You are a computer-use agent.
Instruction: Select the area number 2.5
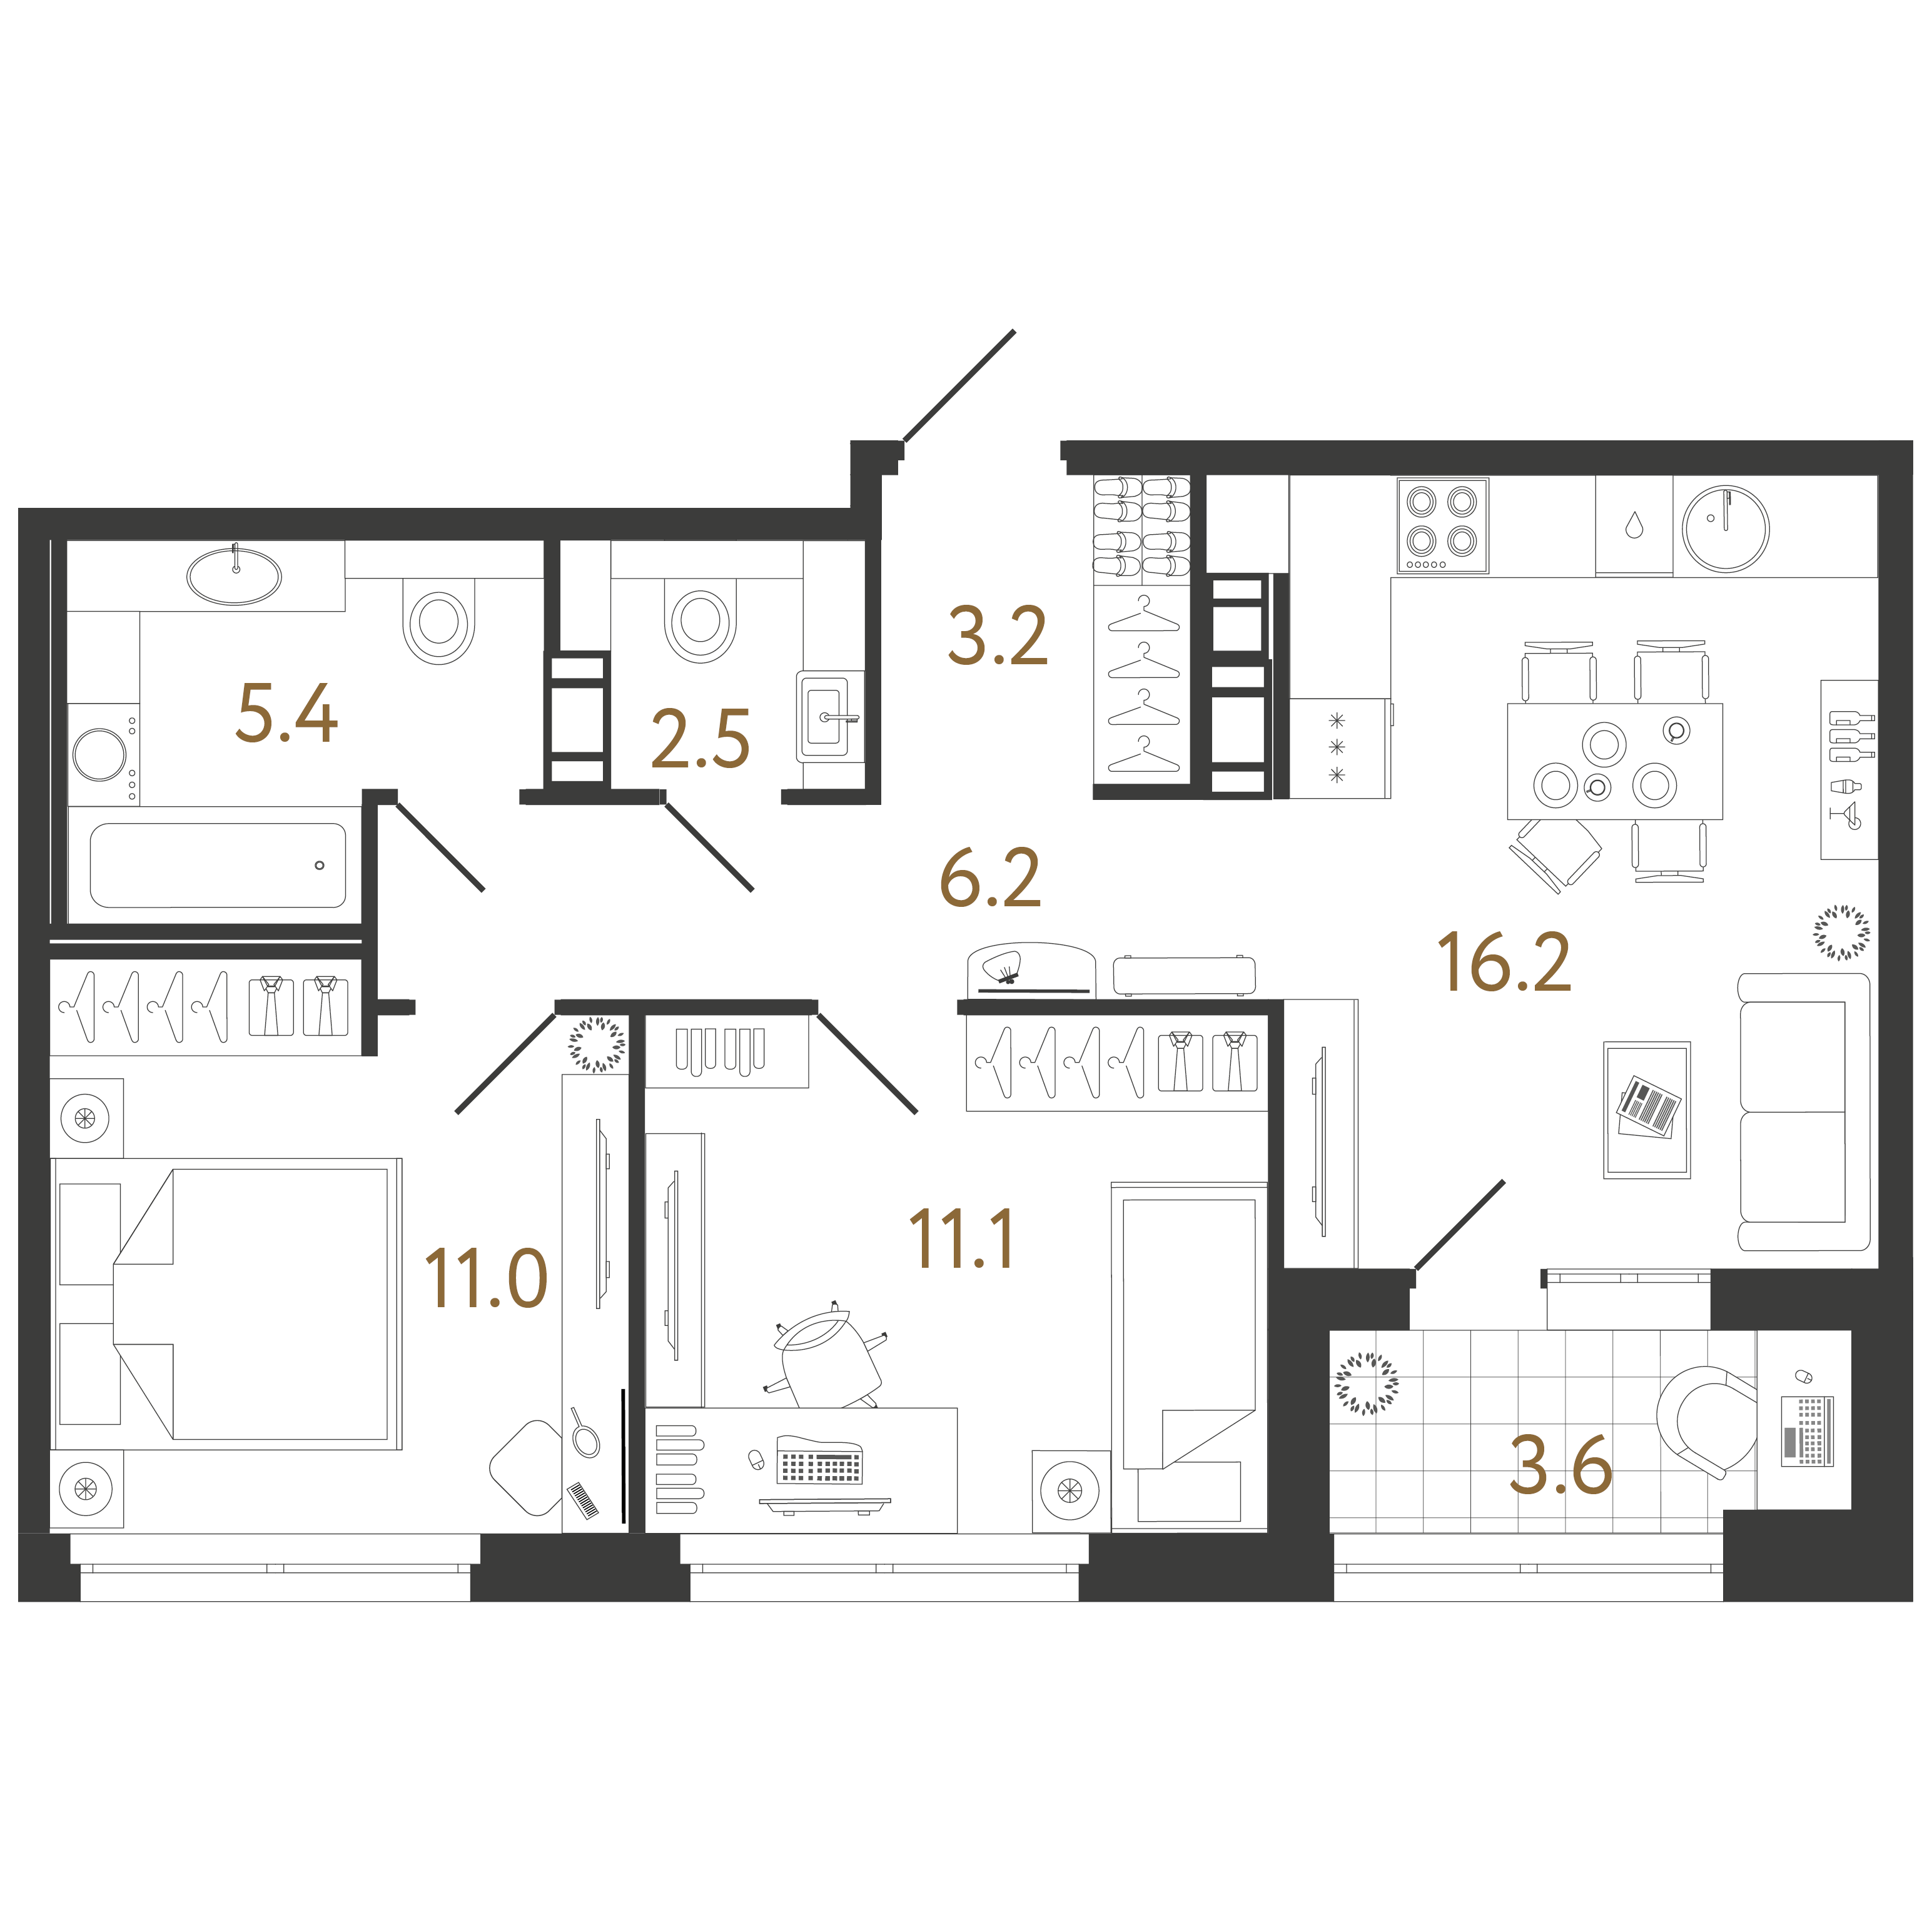click(x=700, y=739)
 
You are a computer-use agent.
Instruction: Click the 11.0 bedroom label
click(x=486, y=1278)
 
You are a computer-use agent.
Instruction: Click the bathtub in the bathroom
click(x=218, y=865)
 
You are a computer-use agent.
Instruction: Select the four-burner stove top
click(x=1442, y=525)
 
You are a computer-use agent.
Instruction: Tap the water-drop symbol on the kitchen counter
click(x=1634, y=525)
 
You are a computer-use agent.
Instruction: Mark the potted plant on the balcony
click(x=1367, y=1384)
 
